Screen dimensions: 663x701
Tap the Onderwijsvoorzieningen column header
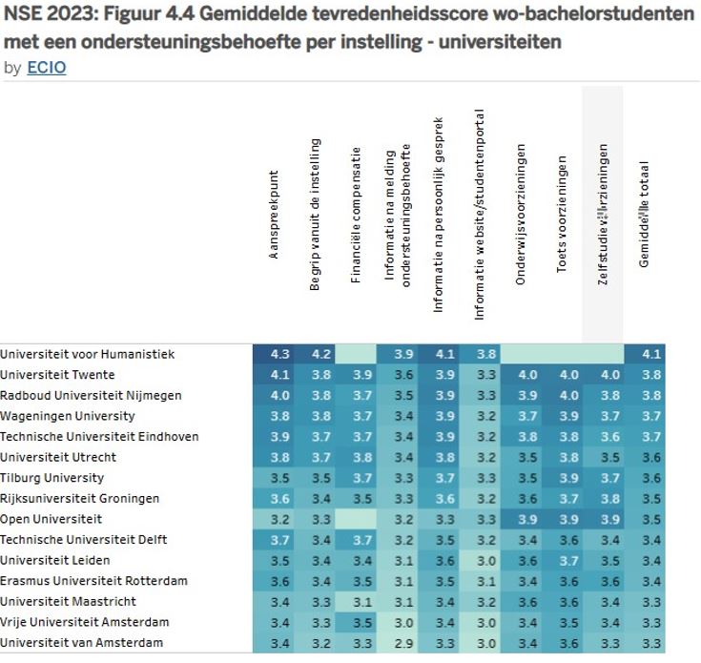click(x=521, y=218)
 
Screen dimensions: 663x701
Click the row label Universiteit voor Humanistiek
click(x=88, y=354)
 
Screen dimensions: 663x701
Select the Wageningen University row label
click(x=68, y=416)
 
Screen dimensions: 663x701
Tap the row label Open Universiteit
click(x=52, y=519)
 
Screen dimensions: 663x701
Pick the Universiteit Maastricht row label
click(x=69, y=601)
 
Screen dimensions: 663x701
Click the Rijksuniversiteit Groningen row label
click(x=80, y=498)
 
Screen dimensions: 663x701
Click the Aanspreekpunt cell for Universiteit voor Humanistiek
click(x=274, y=354)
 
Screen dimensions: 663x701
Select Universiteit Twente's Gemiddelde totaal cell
click(x=651, y=375)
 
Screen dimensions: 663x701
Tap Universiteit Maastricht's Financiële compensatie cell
click(x=357, y=601)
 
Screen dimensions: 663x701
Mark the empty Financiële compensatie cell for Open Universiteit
click(x=357, y=519)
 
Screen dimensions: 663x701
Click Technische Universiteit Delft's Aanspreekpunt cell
click(x=274, y=540)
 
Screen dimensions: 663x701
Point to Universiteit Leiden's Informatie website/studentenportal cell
click(x=486, y=560)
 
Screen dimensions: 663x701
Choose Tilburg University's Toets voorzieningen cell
click(x=568, y=478)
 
